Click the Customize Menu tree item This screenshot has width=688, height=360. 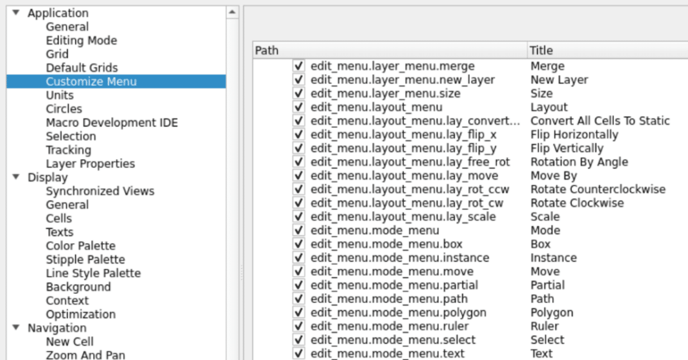pyautogui.click(x=91, y=82)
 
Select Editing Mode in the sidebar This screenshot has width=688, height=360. pyautogui.click(x=81, y=41)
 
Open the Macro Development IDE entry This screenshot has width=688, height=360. pyautogui.click(x=111, y=123)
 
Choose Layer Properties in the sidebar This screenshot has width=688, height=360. pyautogui.click(x=90, y=164)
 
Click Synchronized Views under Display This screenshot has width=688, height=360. pyautogui.click(x=100, y=191)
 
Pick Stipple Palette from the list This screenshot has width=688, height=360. pyautogui.click(x=85, y=260)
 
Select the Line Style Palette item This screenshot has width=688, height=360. pyautogui.click(x=93, y=273)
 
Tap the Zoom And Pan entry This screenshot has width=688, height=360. pyautogui.click(x=85, y=355)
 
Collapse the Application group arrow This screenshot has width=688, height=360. pyautogui.click(x=16, y=13)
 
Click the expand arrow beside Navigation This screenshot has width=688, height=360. pyautogui.click(x=16, y=328)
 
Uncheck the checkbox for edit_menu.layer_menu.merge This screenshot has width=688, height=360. pyautogui.click(x=299, y=66)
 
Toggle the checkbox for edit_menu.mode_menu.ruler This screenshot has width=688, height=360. pyautogui.click(x=299, y=326)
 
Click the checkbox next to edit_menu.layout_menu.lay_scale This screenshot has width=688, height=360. pyautogui.click(x=299, y=217)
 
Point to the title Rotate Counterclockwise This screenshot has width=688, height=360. pyautogui.click(x=598, y=190)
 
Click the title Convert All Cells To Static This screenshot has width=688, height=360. pyautogui.click(x=600, y=121)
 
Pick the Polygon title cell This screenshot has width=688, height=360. pyautogui.click(x=551, y=313)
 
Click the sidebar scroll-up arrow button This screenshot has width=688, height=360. pyautogui.click(x=232, y=12)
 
